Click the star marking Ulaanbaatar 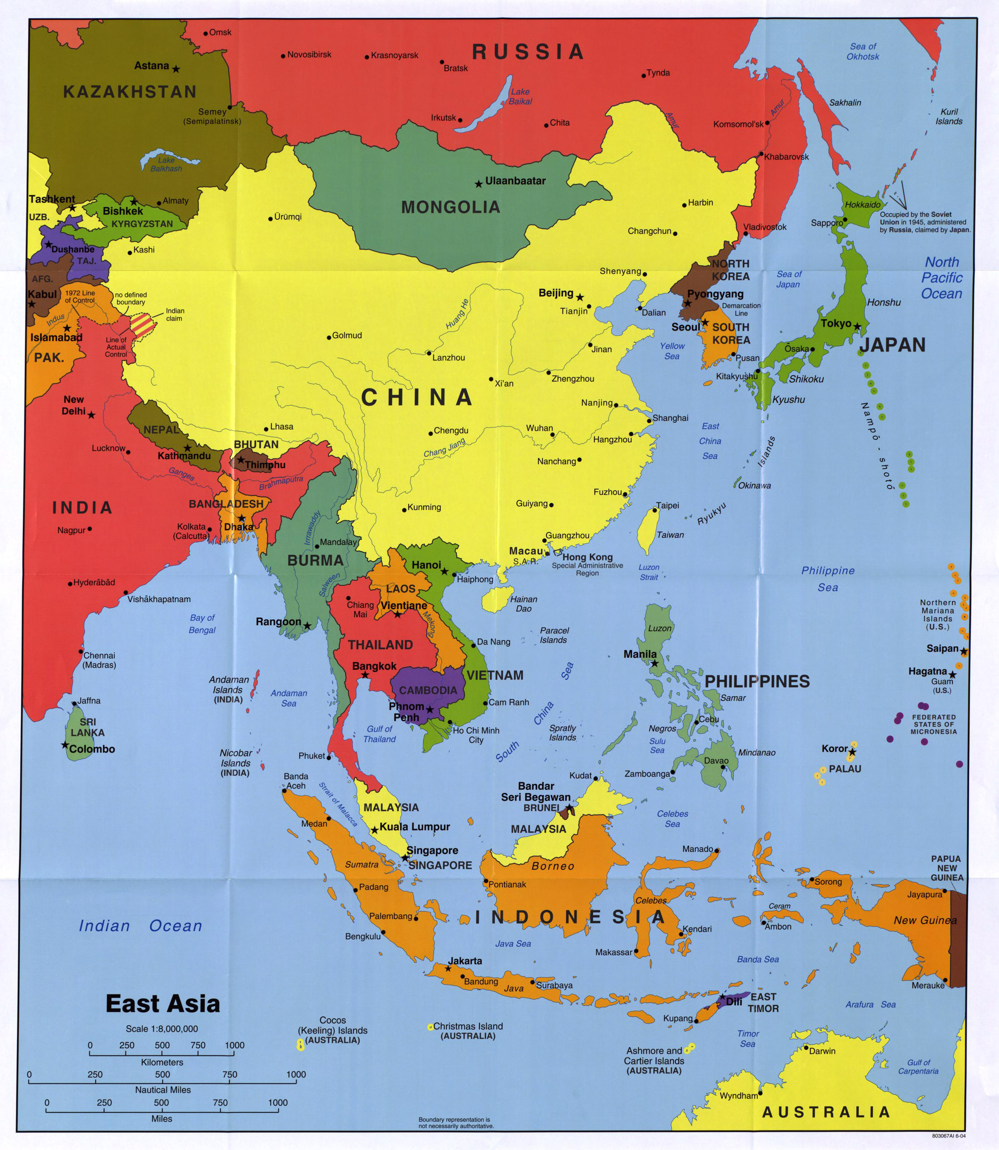tap(478, 183)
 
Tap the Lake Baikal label tap(520, 96)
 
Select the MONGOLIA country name tap(450, 207)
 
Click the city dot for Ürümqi tap(271, 218)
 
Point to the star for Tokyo tap(857, 326)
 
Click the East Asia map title tap(163, 1004)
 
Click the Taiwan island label tap(670, 534)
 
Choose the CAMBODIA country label tap(428, 690)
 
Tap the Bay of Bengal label tap(202, 624)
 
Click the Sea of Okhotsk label tap(862, 51)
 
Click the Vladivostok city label tap(765, 227)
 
